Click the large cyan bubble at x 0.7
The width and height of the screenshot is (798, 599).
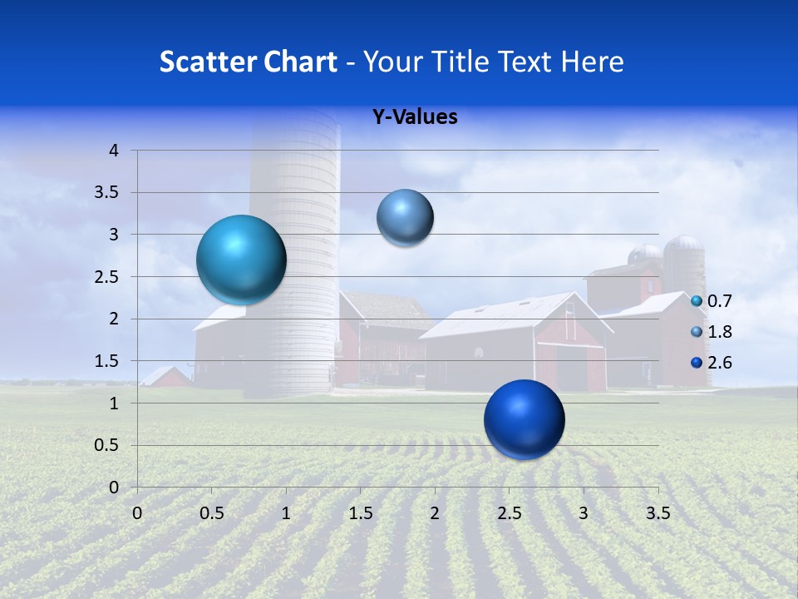coord(241,260)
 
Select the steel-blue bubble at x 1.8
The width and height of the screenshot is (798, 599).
coord(405,218)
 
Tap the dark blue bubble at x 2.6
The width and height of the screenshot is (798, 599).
coord(524,419)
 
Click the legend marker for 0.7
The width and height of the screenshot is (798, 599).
coord(697,300)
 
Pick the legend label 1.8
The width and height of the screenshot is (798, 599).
coord(719,332)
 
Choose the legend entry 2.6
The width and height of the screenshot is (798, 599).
coord(719,363)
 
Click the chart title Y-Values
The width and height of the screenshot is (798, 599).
coord(414,117)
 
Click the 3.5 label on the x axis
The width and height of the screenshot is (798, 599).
coord(658,513)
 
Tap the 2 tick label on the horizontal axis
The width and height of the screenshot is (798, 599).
coord(435,513)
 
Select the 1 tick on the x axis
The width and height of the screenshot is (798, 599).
coord(286,513)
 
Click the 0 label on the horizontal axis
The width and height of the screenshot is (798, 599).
coord(137,513)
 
